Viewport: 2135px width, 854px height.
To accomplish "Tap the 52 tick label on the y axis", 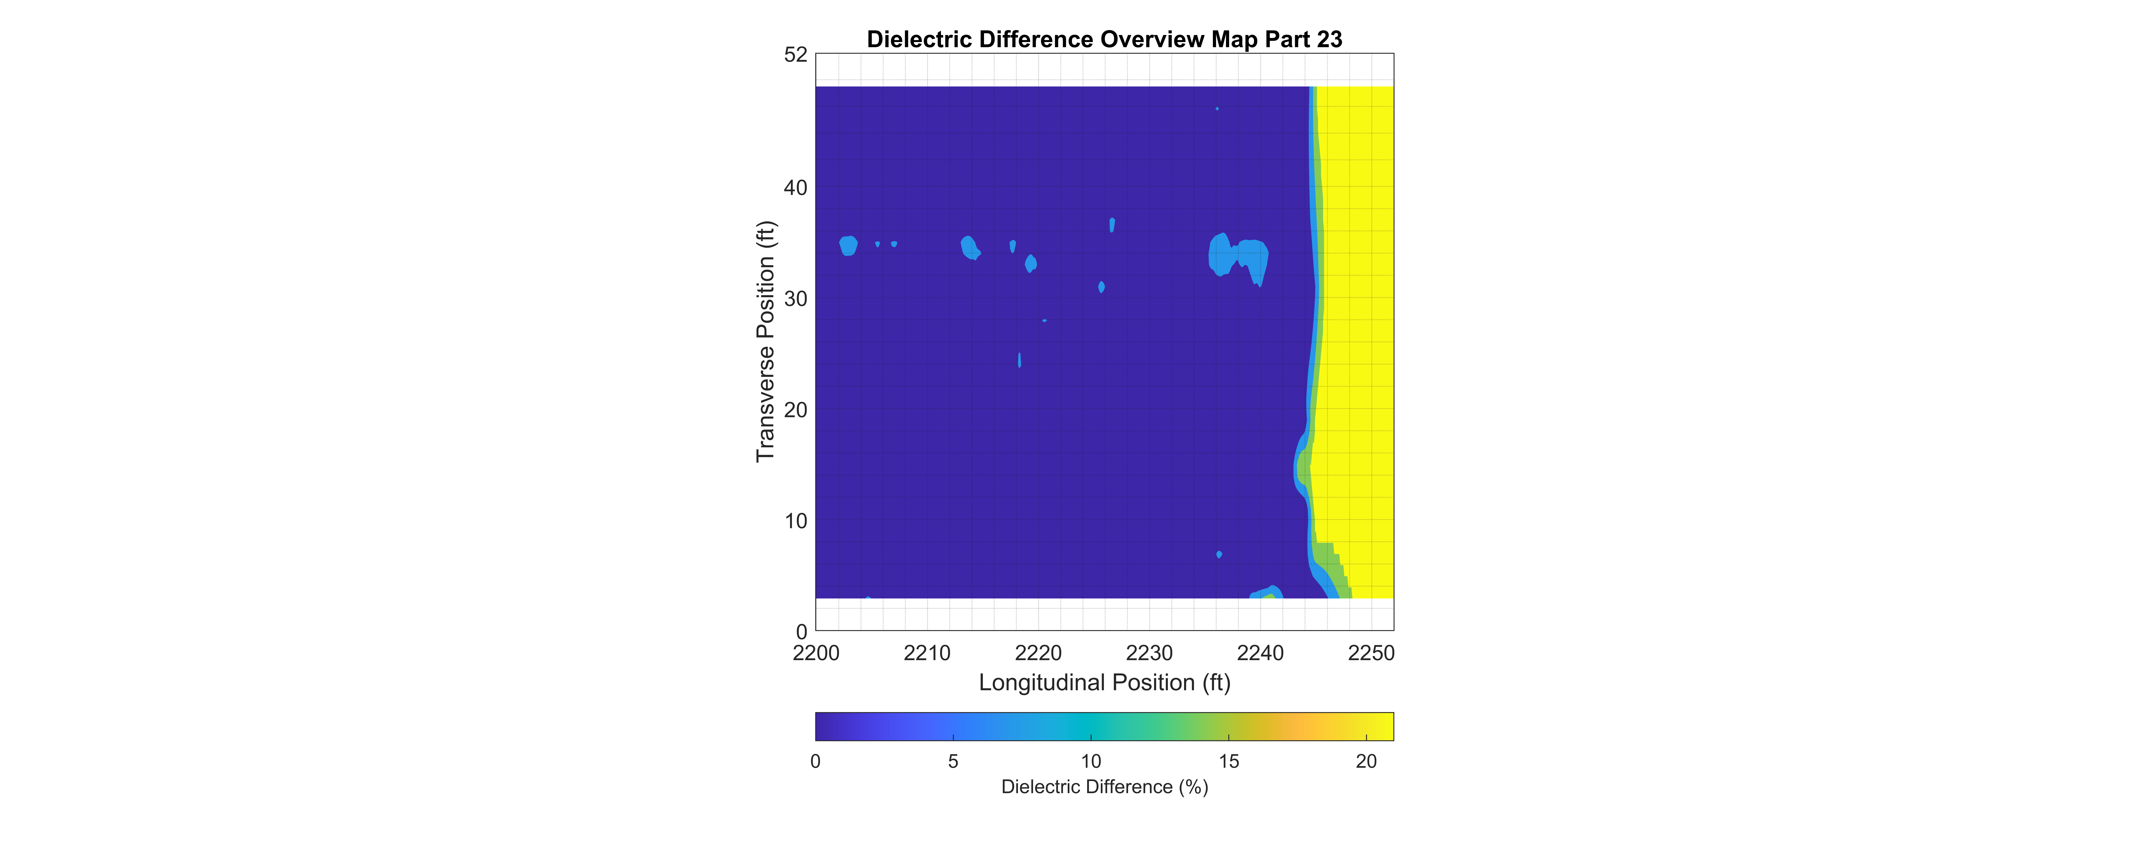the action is (796, 55).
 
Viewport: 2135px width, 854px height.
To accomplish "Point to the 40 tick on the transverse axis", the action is (796, 188).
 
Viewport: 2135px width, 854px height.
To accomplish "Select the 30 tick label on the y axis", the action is (796, 299).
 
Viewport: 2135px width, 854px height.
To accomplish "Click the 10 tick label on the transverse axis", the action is (796, 522).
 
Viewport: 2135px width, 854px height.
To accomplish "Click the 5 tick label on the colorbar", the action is (953, 761).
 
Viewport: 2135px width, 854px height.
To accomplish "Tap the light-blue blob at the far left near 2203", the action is (848, 246).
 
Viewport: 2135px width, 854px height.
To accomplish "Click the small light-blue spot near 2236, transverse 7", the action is (1219, 554).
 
